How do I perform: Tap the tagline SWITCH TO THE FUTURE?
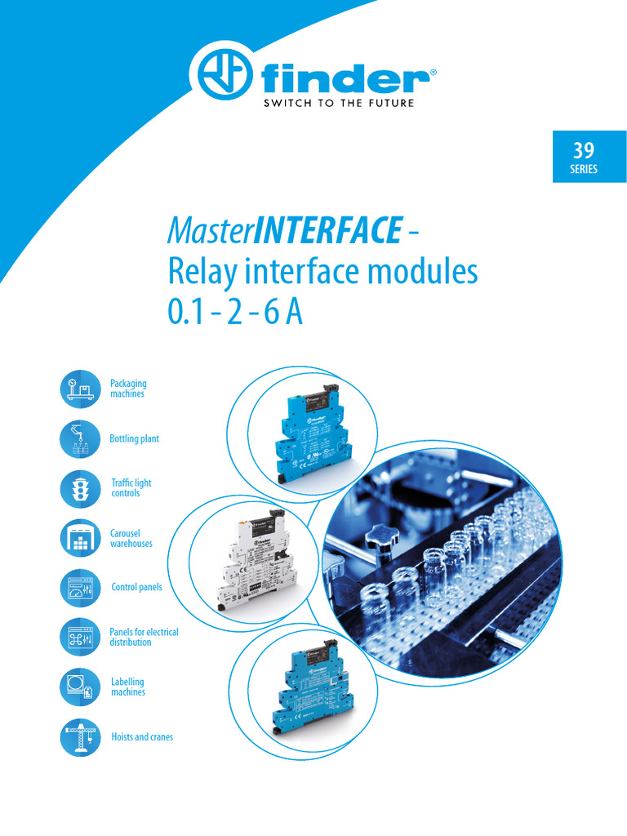[337, 104]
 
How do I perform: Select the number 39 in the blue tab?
[584, 150]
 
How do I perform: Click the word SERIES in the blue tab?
[584, 170]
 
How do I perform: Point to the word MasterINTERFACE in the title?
[284, 231]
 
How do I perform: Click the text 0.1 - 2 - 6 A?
[235, 313]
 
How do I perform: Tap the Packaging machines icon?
[80, 388]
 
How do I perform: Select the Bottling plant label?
[134, 439]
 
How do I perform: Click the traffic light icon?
[80, 488]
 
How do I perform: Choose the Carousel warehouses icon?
[80, 538]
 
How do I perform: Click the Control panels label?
[136, 587]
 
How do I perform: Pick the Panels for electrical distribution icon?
[80, 637]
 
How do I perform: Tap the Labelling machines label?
[128, 687]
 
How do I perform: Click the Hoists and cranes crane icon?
[80, 736]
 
